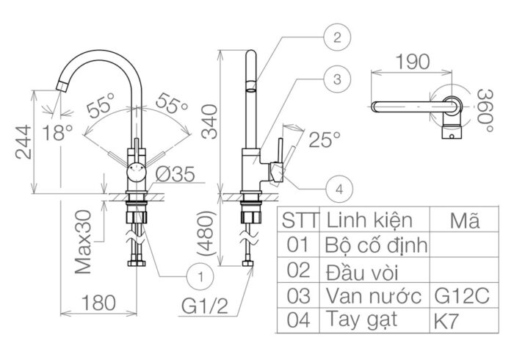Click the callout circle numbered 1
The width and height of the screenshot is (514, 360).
[198, 276]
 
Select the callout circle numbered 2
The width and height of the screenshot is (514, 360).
[336, 37]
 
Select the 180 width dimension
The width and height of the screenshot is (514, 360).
[98, 302]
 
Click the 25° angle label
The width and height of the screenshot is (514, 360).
[324, 137]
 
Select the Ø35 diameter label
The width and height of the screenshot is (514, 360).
[174, 174]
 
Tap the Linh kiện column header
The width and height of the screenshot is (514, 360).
[369, 220]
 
